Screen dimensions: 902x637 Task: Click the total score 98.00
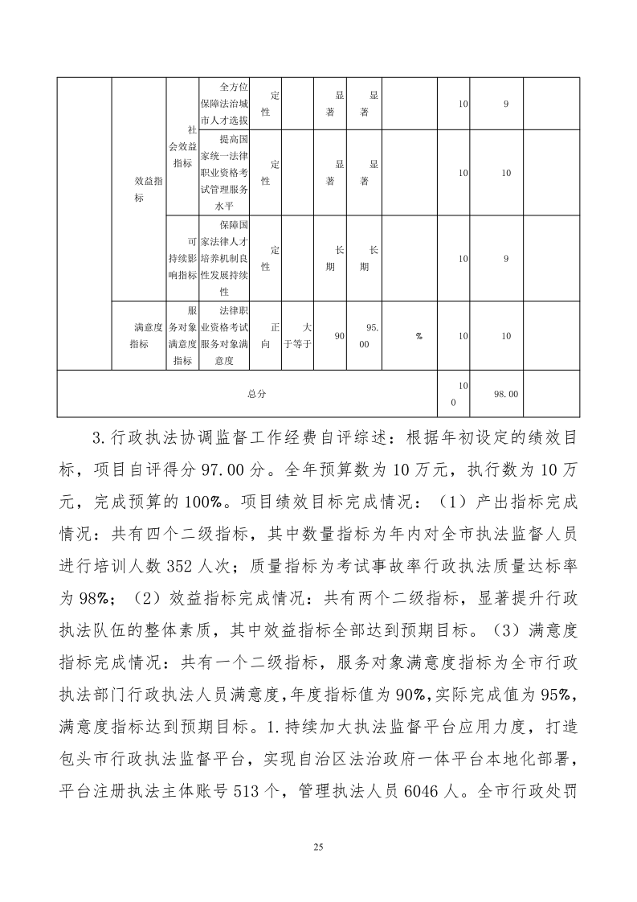(x=506, y=394)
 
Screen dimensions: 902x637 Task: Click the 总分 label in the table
(x=256, y=394)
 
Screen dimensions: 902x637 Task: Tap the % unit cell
(x=419, y=336)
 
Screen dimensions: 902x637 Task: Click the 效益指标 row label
(x=149, y=189)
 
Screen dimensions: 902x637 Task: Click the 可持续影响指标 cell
(x=183, y=258)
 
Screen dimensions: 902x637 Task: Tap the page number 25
(x=318, y=847)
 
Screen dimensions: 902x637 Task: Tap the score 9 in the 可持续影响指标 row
(x=506, y=258)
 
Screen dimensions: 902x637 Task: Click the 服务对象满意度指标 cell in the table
(x=183, y=336)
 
